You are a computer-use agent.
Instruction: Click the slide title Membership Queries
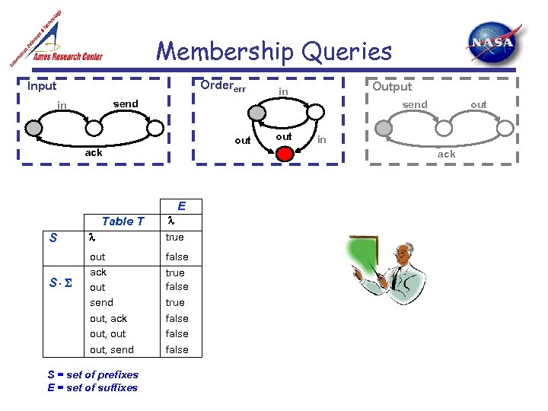274,52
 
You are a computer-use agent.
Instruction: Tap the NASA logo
495,43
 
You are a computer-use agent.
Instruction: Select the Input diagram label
42,86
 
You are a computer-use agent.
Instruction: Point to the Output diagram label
392,86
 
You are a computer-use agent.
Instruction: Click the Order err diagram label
222,86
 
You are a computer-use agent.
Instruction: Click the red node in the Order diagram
285,154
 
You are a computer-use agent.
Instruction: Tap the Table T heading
123,221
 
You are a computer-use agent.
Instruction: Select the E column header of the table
181,205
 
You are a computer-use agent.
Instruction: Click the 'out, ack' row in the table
108,318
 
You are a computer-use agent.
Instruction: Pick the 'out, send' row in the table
111,349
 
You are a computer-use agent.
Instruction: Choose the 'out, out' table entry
108,333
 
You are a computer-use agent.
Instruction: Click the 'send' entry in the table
101,302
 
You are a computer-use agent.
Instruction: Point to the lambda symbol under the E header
170,221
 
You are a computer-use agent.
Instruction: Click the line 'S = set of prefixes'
93,374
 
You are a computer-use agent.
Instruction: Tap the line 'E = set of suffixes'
92,387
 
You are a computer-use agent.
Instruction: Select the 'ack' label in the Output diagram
446,154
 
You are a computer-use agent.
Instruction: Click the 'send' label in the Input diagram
126,104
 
